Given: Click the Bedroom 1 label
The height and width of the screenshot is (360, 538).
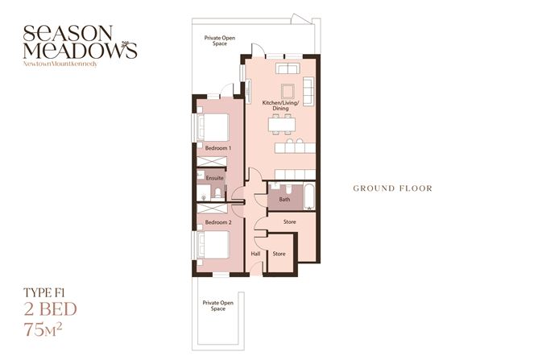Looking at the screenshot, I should click(218, 149).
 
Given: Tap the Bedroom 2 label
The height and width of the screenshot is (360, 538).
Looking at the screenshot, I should click(218, 221).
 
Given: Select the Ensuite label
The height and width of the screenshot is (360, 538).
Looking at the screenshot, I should click(215, 178).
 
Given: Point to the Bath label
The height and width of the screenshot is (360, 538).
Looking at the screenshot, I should click(284, 199).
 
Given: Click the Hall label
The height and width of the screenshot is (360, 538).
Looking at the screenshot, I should click(256, 254).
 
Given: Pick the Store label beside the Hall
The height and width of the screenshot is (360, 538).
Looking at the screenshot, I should click(279, 254).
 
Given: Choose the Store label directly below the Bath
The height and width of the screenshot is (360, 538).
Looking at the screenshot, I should click(291, 221).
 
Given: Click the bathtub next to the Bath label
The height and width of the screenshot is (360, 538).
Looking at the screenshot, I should click(308, 196).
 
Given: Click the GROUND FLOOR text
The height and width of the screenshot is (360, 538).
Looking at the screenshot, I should click(392, 188).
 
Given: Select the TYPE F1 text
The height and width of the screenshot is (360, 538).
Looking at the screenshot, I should click(48, 293).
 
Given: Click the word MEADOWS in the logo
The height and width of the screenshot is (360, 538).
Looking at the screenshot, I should click(80, 50).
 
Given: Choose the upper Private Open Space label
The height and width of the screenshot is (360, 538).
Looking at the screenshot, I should click(219, 41).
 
